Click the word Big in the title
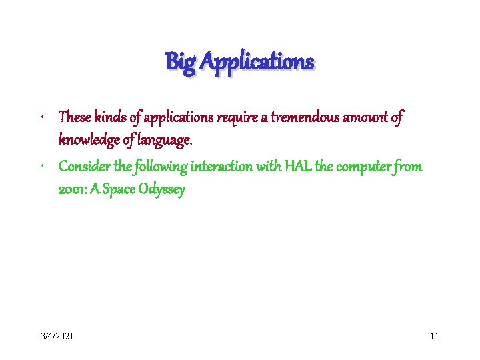pos(180,63)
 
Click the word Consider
pos(84,166)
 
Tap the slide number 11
pos(434,336)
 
